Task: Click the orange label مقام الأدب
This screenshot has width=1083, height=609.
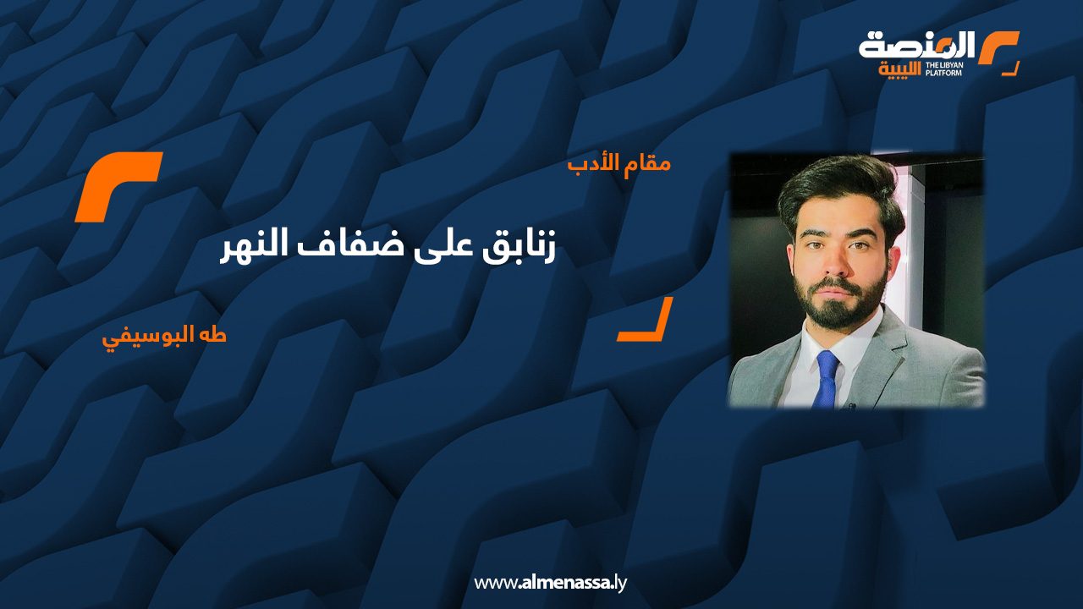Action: pos(619,164)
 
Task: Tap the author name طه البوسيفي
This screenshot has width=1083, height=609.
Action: pos(164,337)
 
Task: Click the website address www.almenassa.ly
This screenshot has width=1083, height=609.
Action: pos(550,583)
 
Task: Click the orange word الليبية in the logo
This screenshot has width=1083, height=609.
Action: pos(900,70)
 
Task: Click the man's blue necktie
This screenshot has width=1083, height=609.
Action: pos(827,380)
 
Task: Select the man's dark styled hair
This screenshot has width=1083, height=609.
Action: pos(840,191)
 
